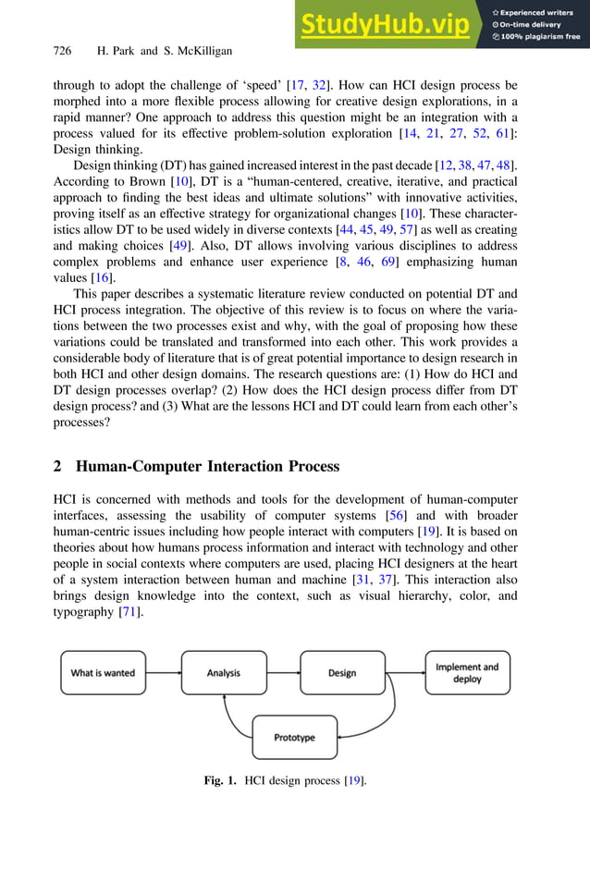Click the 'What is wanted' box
click(103, 673)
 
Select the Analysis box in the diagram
click(223, 673)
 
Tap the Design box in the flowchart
click(342, 673)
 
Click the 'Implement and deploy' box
click(467, 672)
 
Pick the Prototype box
click(294, 738)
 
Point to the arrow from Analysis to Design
click(282, 673)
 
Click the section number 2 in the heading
click(57, 466)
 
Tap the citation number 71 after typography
click(129, 613)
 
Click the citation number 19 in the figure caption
click(352, 781)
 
